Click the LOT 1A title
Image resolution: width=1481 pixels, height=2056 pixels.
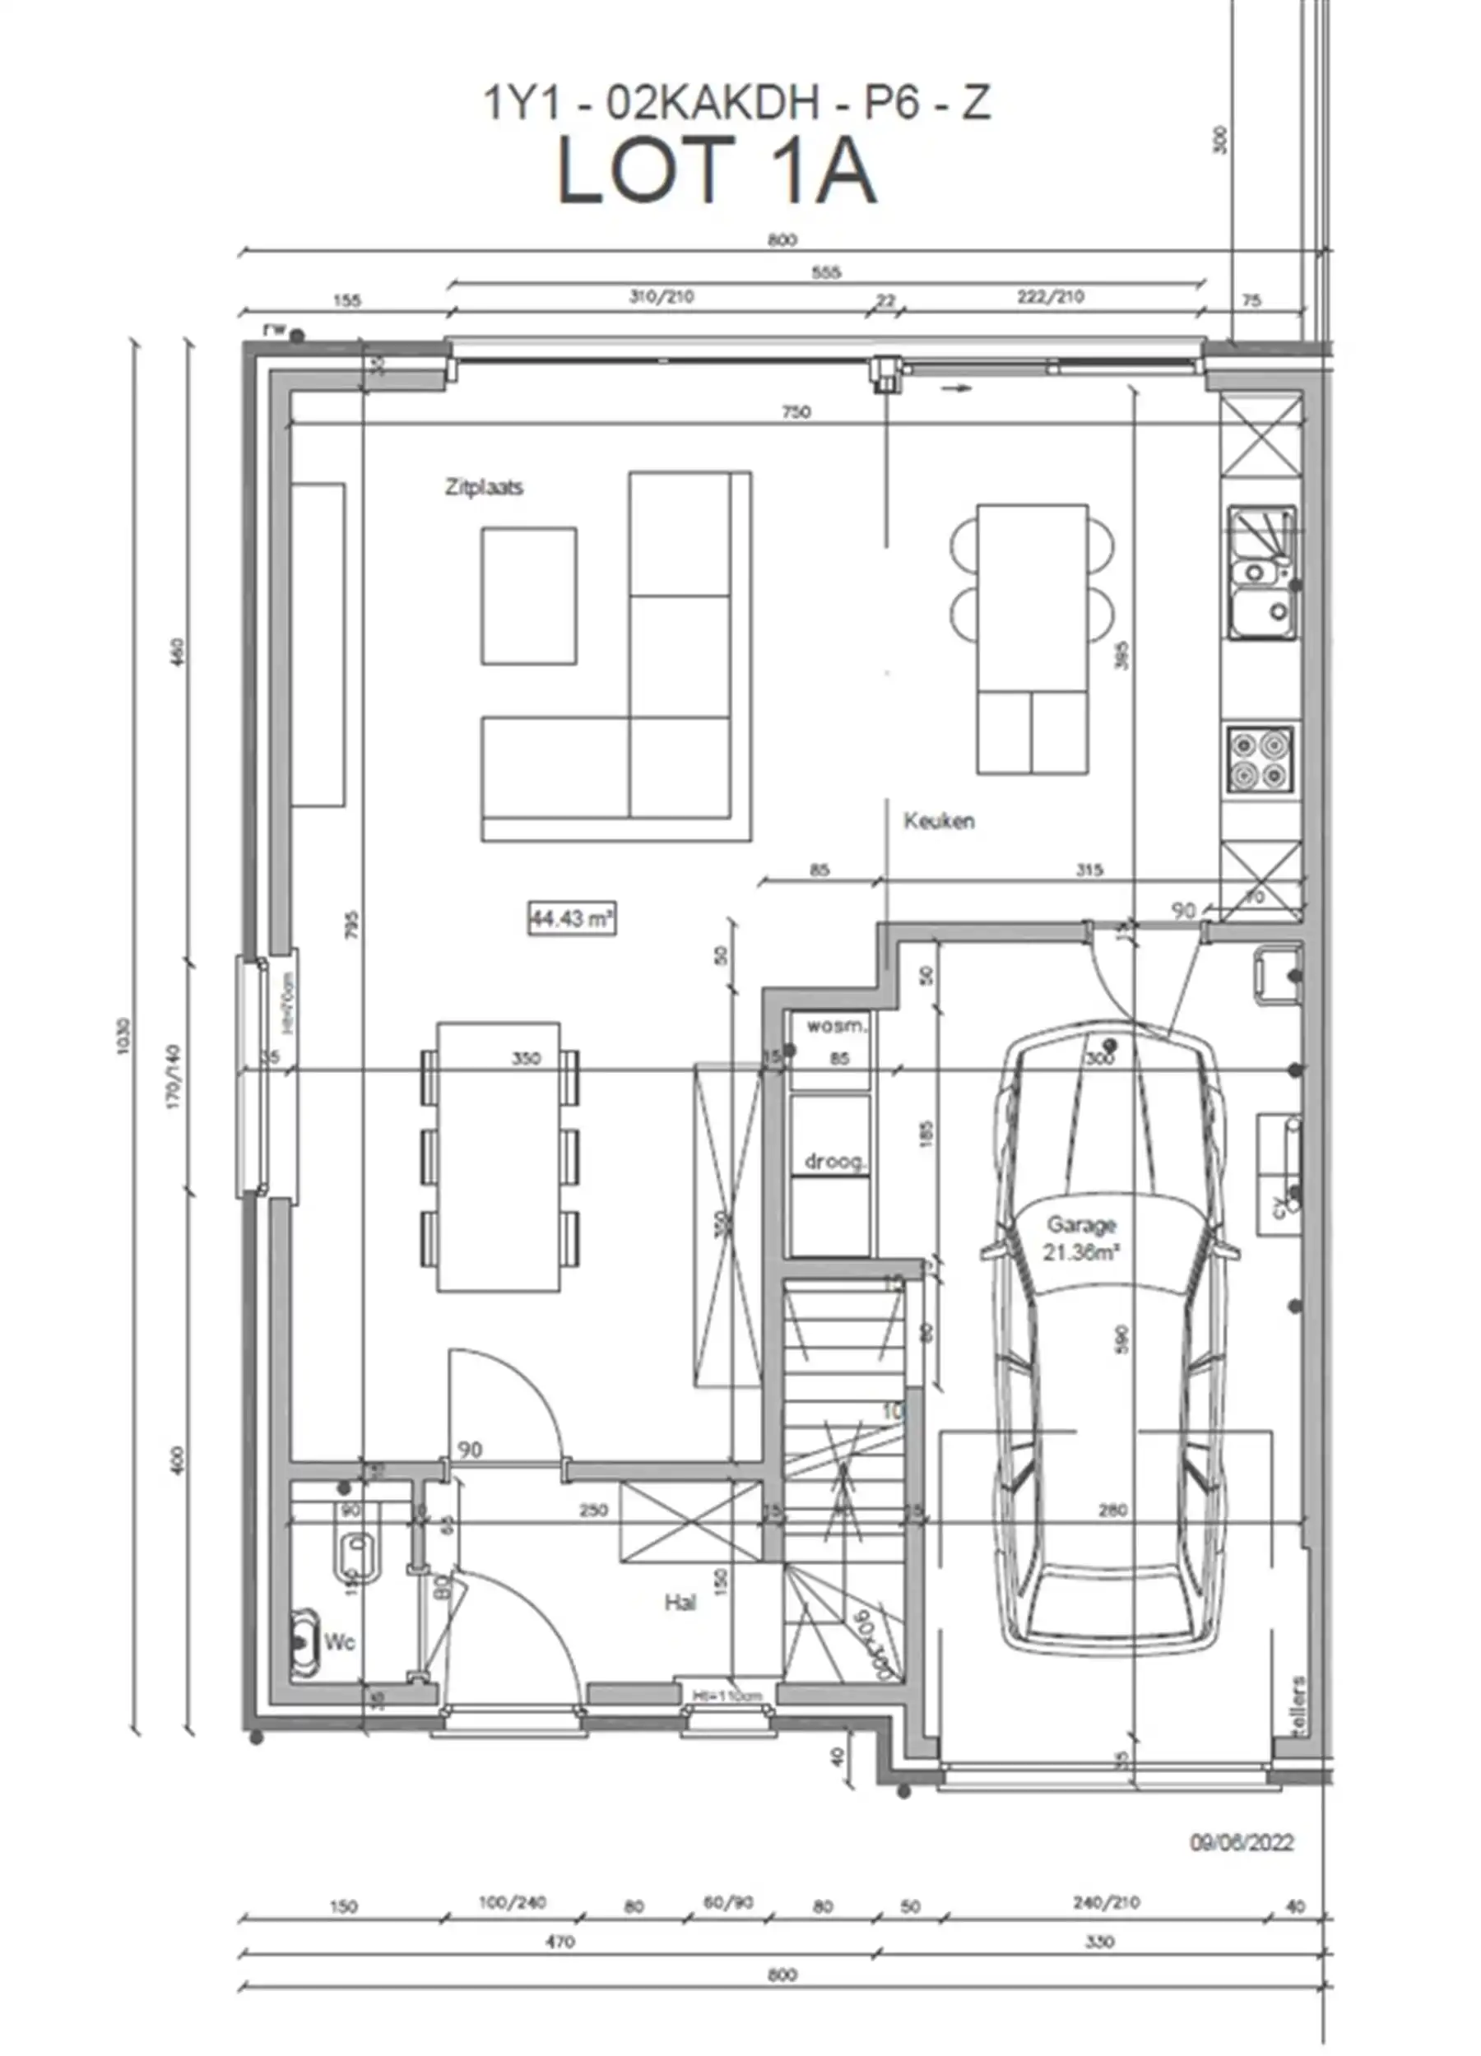[x=715, y=171]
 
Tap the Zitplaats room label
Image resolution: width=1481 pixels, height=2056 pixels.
[x=484, y=488]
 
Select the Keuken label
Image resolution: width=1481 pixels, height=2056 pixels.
[x=939, y=821]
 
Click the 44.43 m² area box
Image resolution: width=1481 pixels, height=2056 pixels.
[x=572, y=918]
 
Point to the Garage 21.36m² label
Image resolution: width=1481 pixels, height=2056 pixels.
[x=1080, y=1238]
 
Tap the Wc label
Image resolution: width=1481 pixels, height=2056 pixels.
[x=340, y=1643]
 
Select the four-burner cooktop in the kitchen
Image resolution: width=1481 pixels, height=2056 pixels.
[x=1260, y=758]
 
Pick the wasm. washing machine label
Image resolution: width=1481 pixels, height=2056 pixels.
[x=836, y=1027]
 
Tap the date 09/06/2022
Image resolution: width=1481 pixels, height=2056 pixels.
[x=1241, y=1843]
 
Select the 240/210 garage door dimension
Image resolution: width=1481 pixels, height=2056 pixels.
[x=1106, y=1903]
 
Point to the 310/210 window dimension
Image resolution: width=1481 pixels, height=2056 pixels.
[x=662, y=296]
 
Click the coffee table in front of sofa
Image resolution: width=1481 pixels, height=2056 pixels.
[x=528, y=596]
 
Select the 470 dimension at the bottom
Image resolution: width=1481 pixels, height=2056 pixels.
[x=560, y=1942]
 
